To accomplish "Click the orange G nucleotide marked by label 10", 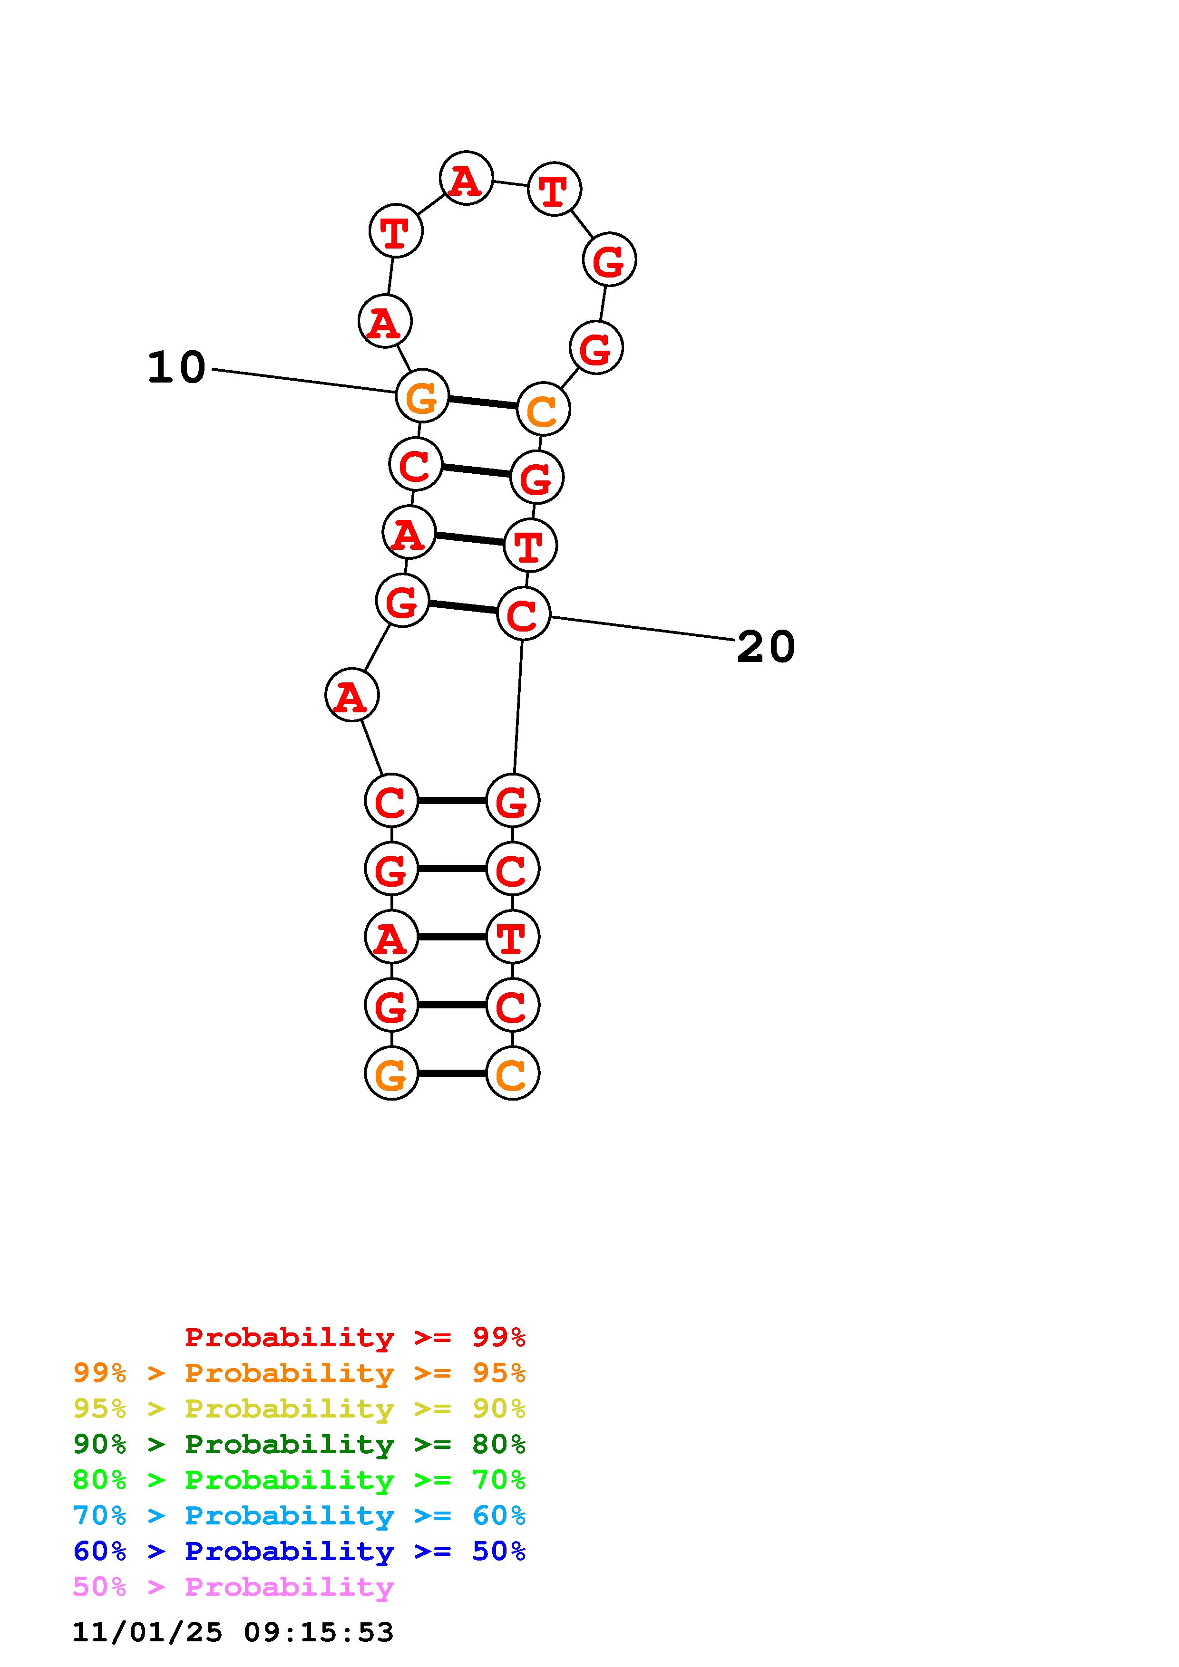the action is coord(422,396).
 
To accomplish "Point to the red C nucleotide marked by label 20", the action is coord(523,614).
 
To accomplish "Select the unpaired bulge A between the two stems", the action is coord(351,696).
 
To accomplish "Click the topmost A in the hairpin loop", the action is coord(467,179).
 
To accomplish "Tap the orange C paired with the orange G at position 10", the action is coord(544,410).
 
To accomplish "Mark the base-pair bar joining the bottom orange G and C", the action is coord(452,1073).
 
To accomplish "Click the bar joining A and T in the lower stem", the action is coord(452,937).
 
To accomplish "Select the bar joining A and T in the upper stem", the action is coord(470,539).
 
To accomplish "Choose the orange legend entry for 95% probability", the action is coord(299,1373).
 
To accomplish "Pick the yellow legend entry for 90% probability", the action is coord(299,1408).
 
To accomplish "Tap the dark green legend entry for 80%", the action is coord(299,1444).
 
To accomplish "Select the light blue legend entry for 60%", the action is coord(299,1515).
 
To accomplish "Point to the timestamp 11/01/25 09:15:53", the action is coord(233,1632).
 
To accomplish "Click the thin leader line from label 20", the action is coord(643,629).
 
